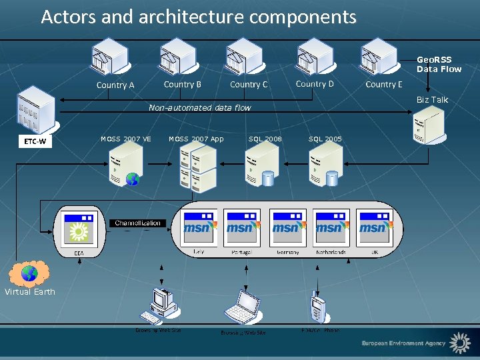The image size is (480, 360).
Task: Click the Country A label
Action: click(x=115, y=85)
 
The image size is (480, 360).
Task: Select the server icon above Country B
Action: click(x=177, y=56)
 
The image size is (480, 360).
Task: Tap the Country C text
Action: click(x=249, y=85)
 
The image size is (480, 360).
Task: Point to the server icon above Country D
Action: click(x=315, y=56)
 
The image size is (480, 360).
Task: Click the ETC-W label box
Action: click(x=33, y=141)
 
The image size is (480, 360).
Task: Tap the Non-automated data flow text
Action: click(x=199, y=107)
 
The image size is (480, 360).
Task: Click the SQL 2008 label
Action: click(x=265, y=139)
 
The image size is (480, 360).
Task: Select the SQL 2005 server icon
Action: click(x=325, y=165)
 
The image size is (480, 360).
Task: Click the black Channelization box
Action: click(x=137, y=223)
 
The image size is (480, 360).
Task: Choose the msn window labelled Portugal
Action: click(x=241, y=228)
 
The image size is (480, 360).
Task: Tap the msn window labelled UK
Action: click(x=375, y=228)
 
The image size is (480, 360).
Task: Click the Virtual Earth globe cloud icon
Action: click(x=29, y=273)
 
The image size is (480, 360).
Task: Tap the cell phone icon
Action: click(x=318, y=307)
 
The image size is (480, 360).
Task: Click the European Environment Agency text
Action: click(x=403, y=343)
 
